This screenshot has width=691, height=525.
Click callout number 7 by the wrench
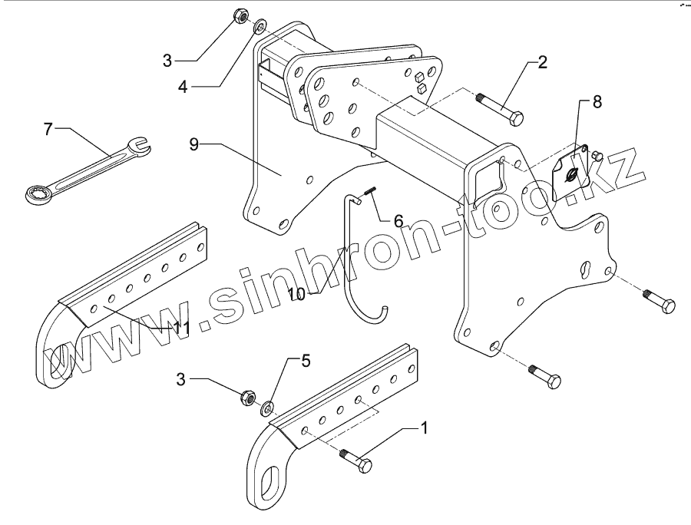(x=48, y=128)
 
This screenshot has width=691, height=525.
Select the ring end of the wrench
(x=35, y=193)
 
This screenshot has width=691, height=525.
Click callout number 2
(x=542, y=63)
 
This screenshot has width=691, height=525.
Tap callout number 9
(x=193, y=144)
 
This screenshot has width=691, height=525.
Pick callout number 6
(x=398, y=221)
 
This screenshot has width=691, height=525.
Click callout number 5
(x=306, y=360)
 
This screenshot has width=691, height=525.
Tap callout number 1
(x=422, y=427)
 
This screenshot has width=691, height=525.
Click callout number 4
(x=183, y=86)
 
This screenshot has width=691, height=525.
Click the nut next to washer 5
(x=248, y=397)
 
